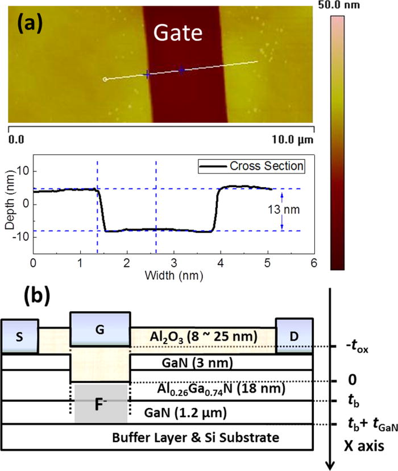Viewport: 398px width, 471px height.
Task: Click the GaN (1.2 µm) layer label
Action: coord(186,412)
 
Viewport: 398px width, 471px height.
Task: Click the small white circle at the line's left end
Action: coord(104,80)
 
